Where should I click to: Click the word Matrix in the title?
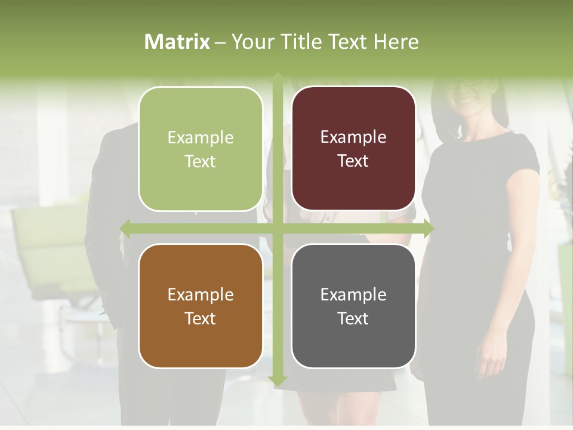click(177, 42)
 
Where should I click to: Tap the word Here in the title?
click(396, 42)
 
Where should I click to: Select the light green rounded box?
click(201, 149)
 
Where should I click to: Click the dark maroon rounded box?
click(353, 149)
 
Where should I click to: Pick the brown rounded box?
click(201, 306)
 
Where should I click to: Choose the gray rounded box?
click(353, 306)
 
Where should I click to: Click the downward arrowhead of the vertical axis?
click(278, 380)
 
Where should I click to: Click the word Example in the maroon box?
click(353, 137)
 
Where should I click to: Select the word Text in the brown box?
click(200, 318)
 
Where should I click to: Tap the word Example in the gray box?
click(353, 294)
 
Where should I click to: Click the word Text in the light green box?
click(200, 161)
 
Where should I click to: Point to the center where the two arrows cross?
click(278, 228)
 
